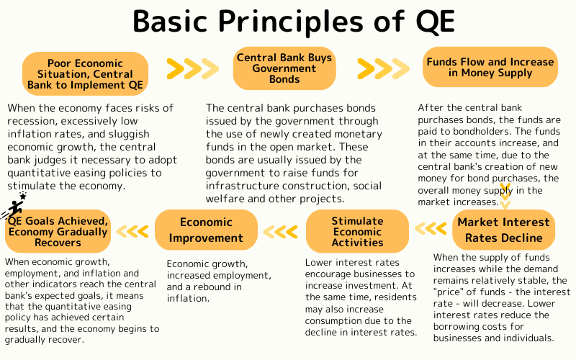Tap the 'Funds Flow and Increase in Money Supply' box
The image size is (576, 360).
[x=490, y=67]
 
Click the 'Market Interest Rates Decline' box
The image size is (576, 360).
[x=504, y=229]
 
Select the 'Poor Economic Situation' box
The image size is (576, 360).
[x=86, y=74]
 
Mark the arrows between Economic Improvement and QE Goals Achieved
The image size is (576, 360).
[x=132, y=231]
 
